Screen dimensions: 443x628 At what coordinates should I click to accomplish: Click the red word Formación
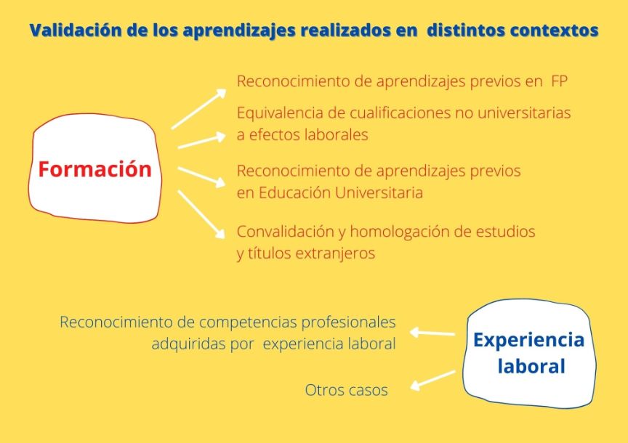coord(94,169)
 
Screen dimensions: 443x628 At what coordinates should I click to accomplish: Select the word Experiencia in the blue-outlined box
coord(528,340)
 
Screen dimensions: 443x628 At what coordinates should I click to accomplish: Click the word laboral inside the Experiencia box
coord(531,366)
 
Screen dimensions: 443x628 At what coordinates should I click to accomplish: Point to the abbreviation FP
coord(559,81)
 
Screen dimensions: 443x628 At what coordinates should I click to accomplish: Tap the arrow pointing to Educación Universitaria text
coord(202,177)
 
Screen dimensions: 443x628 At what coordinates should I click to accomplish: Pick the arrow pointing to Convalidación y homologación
coord(201,214)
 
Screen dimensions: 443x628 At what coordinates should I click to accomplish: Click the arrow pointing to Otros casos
coord(433,381)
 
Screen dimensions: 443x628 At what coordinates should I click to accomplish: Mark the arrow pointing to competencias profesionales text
coord(432,333)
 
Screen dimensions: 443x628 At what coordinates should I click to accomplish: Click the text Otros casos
coord(346,390)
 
